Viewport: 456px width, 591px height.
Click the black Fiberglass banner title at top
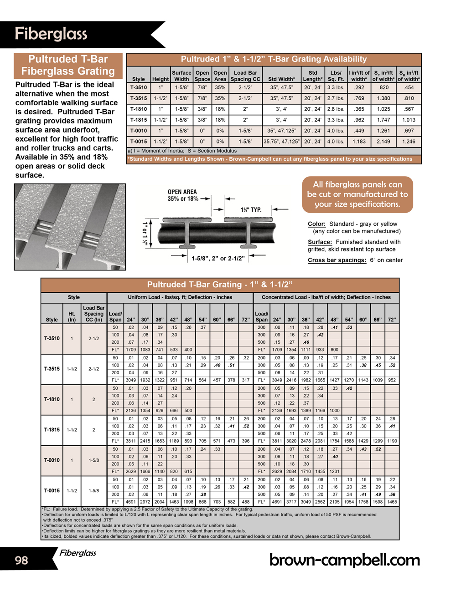tap(51, 34)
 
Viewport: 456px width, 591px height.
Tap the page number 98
tap(21, 560)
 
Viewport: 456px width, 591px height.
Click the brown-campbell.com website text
tap(345, 560)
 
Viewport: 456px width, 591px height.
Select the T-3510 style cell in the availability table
tap(139, 87)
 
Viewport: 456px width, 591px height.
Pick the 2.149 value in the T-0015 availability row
tap(383, 142)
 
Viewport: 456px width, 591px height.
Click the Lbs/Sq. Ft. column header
tap(336, 76)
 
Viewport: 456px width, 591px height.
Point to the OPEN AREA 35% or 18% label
tap(182, 195)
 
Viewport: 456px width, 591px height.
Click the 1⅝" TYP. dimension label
tap(251, 210)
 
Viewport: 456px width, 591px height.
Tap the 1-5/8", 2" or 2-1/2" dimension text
tap(218, 259)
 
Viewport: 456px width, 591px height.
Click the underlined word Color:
tap(316, 224)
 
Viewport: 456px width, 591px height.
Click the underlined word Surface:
tap(320, 242)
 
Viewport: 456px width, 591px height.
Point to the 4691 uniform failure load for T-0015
tap(130, 502)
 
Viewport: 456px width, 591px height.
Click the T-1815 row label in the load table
tap(52, 429)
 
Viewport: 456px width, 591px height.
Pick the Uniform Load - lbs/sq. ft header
tap(180, 297)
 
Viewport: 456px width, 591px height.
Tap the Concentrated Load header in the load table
tap(326, 297)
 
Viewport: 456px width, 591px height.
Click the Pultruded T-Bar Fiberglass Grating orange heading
tap(68, 65)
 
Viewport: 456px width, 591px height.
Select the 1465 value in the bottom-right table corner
tap(392, 502)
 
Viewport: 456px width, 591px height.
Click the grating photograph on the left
tap(70, 227)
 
